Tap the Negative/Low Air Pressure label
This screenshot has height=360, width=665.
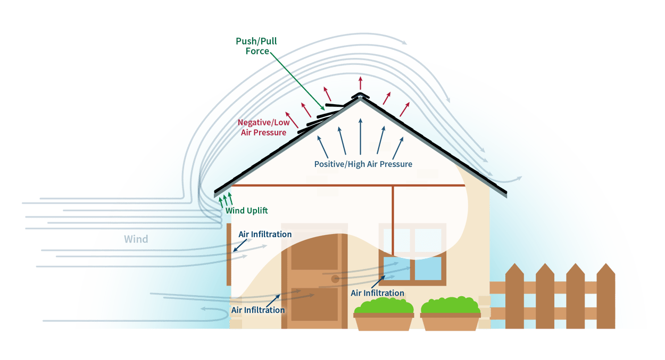pos(263,128)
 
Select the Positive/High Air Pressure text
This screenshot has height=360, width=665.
pos(363,164)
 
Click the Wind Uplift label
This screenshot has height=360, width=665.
pos(246,211)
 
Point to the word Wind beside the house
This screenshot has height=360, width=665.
pos(136,239)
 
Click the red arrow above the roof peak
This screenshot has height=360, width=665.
pos(360,82)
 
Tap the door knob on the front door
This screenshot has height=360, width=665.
pos(335,279)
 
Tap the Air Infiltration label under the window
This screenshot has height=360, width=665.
pos(377,293)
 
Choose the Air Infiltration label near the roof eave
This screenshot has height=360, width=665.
pos(265,234)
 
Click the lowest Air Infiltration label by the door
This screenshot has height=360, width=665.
pos(257,310)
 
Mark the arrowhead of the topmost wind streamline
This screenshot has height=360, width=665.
pos(405,43)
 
